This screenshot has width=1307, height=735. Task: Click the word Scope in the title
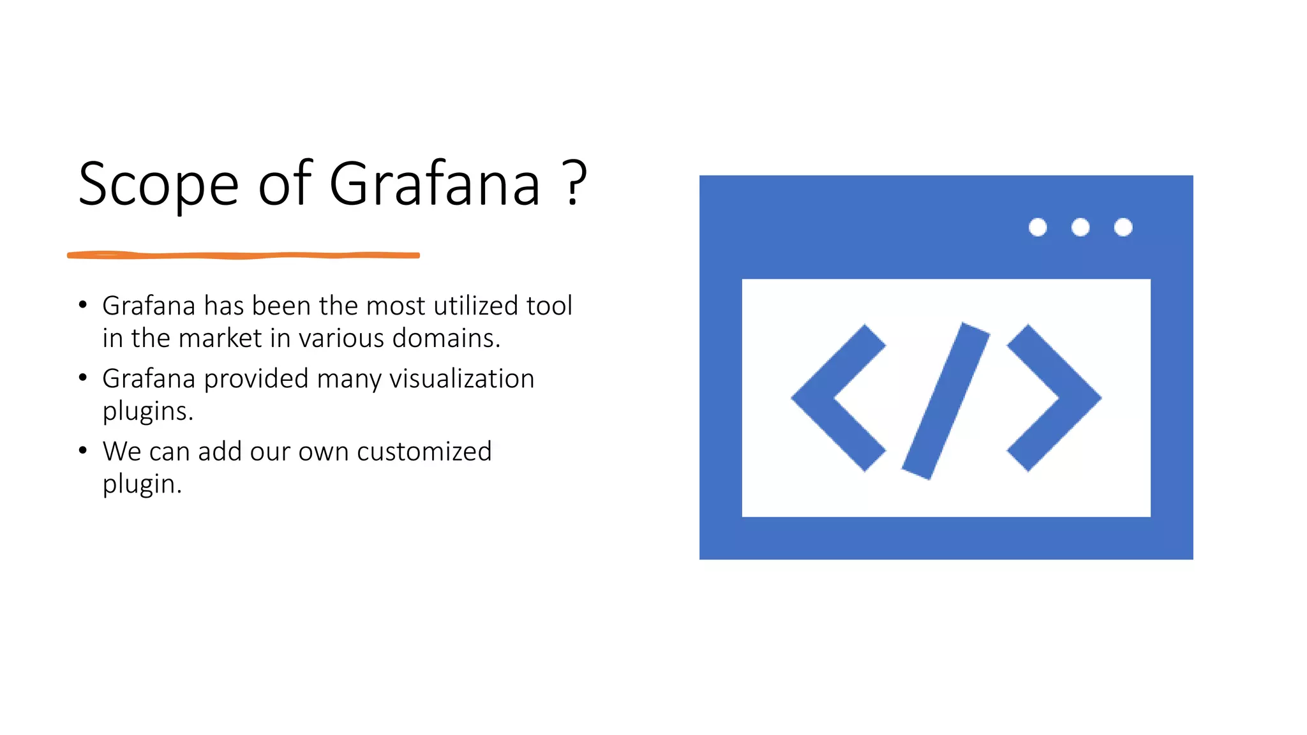158,185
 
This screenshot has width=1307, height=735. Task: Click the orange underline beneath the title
243,255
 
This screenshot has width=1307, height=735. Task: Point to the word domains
446,338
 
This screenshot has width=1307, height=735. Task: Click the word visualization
461,378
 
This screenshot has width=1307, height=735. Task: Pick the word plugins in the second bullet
147,412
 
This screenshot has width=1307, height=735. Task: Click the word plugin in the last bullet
142,484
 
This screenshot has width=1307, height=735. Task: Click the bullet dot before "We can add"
82,450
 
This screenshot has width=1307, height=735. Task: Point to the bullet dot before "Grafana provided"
82,378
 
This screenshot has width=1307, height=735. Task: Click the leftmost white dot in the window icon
1038,227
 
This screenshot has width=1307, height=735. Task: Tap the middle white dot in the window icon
1080,227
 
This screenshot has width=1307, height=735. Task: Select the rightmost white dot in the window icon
1123,227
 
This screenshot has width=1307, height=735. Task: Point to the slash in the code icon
946,401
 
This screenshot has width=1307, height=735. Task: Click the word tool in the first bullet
549,306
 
